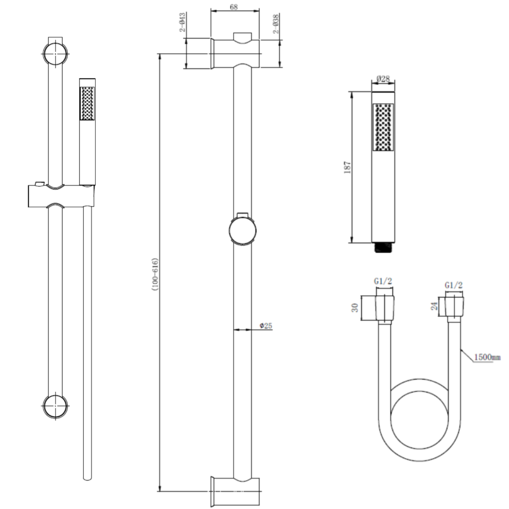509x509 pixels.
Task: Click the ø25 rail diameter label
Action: [x=266, y=326]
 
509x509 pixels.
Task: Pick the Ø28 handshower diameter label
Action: [x=383, y=80]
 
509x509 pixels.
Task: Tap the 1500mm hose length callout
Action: [x=487, y=357]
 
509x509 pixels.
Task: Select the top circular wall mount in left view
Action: [x=55, y=53]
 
